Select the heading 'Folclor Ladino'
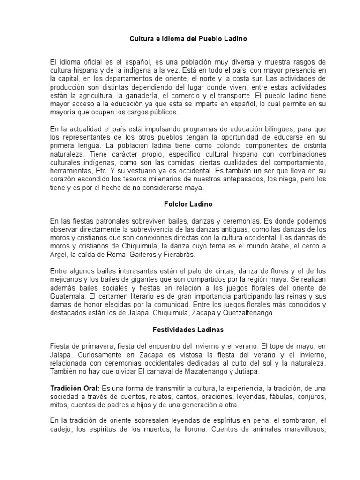[180, 204]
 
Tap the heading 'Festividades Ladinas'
[180, 330]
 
